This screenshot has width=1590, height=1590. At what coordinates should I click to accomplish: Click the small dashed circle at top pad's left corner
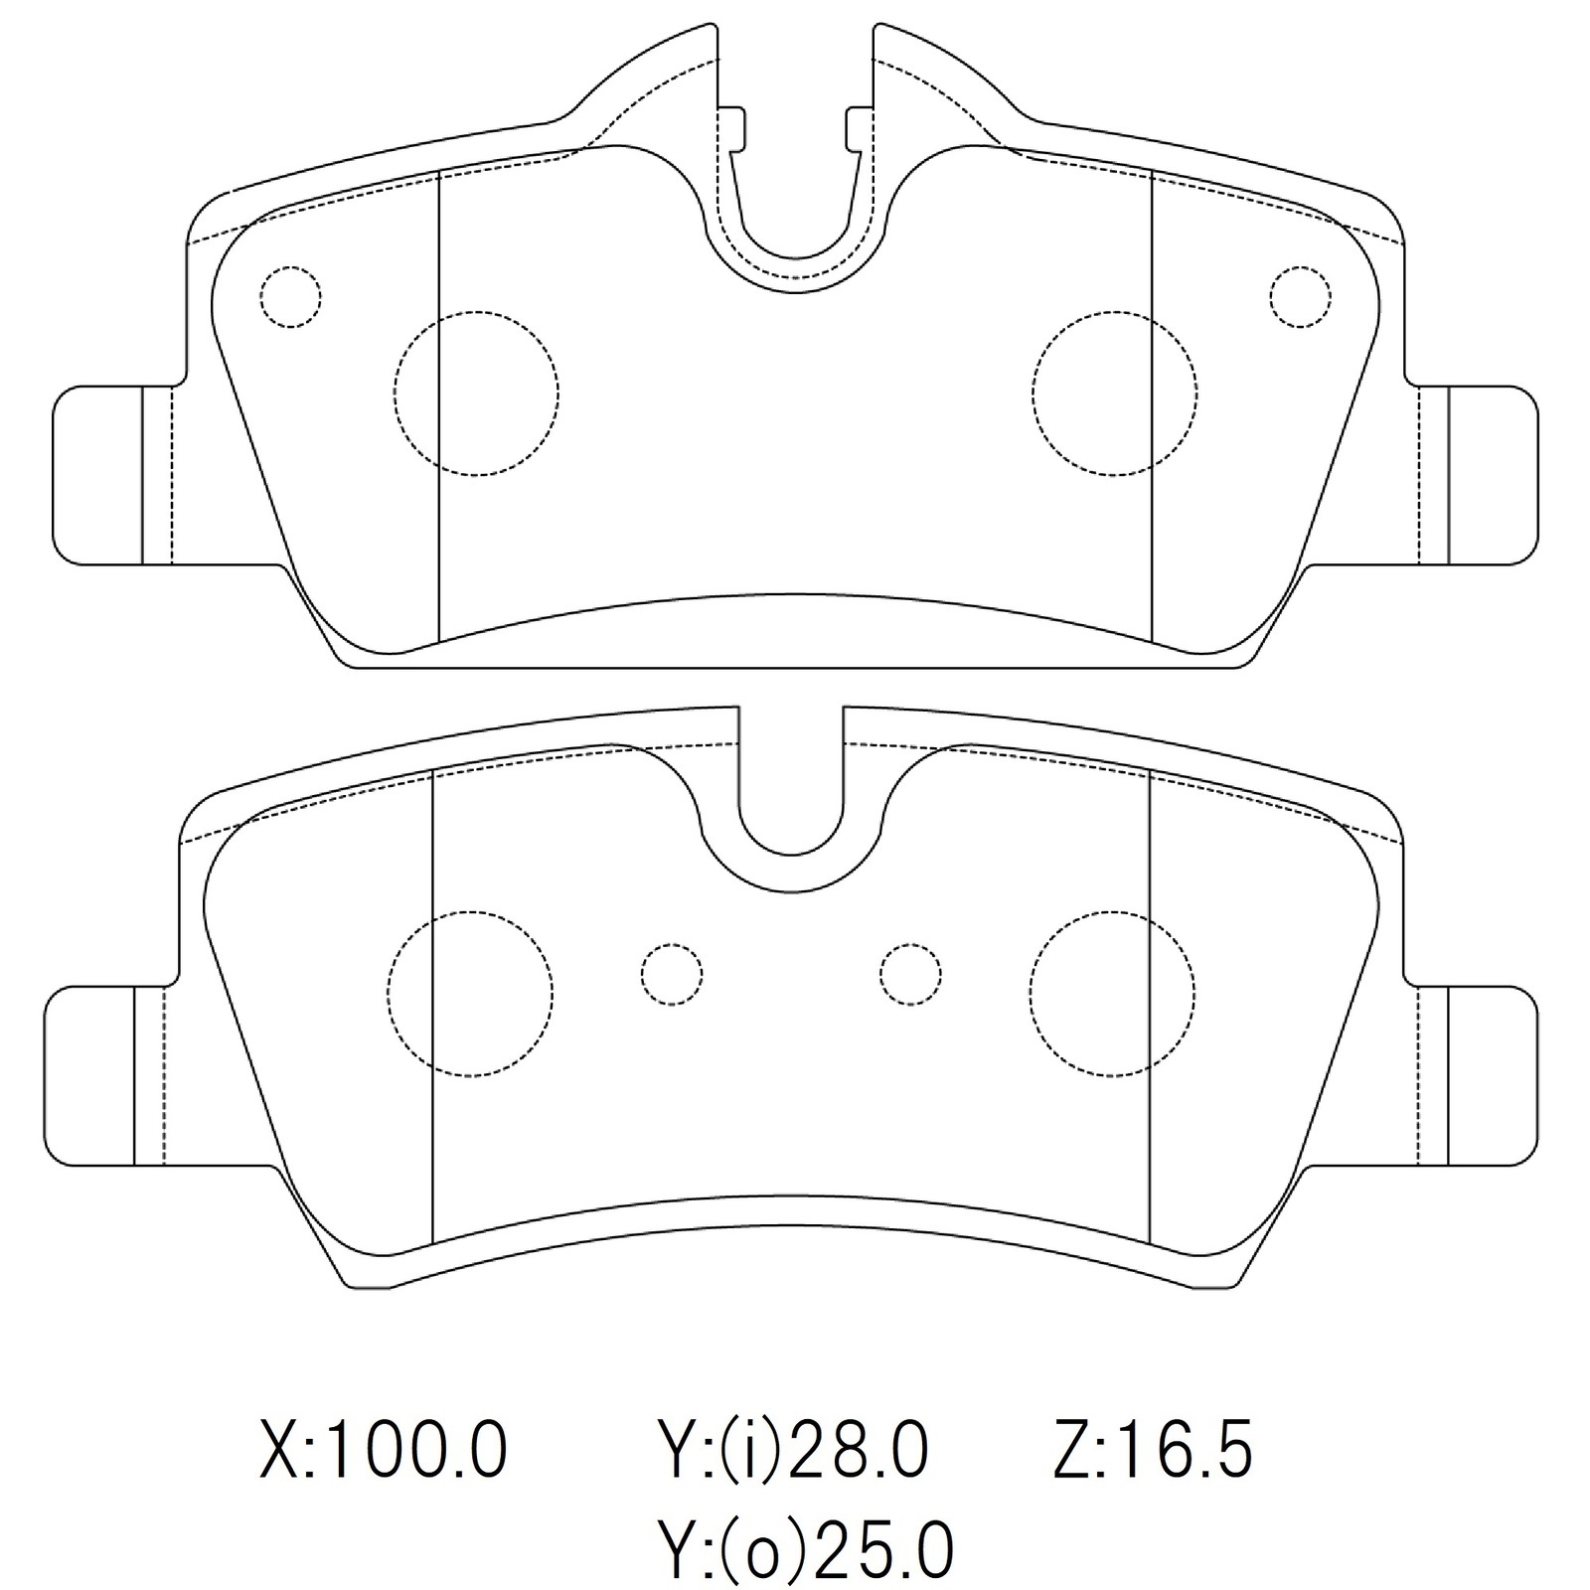click(x=290, y=297)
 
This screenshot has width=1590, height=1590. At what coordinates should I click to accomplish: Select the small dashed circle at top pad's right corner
click(x=1300, y=297)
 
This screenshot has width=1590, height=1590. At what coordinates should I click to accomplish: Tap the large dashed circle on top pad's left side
click(x=476, y=394)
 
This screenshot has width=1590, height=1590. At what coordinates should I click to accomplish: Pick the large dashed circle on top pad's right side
click(x=1114, y=394)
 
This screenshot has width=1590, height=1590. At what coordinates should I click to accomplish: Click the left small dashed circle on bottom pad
click(x=672, y=975)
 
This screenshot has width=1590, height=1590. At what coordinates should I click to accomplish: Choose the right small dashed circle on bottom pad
click(x=910, y=975)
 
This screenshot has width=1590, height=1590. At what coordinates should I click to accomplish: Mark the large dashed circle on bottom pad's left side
click(x=470, y=994)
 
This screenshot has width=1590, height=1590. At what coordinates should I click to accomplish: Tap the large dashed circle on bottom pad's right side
click(x=1112, y=994)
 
